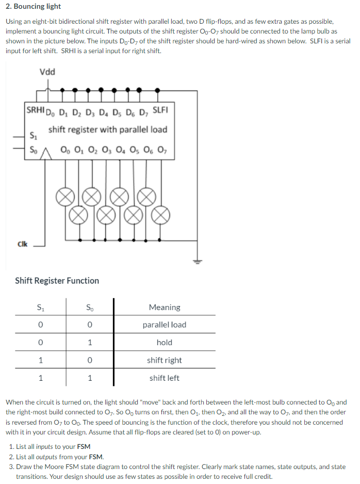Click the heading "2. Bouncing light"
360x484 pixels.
pyautogui.click(x=33, y=7)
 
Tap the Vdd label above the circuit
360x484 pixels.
pyautogui.click(x=47, y=72)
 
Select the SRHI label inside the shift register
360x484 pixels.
pyautogui.click(x=36, y=109)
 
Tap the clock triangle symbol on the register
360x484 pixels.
pyautogui.click(x=45, y=152)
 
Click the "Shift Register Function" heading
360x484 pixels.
pyautogui.click(x=57, y=281)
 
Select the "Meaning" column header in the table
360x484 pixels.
pyautogui.click(x=164, y=308)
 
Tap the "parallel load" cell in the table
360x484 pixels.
pyautogui.click(x=164, y=325)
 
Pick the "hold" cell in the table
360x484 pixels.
pyautogui.click(x=164, y=343)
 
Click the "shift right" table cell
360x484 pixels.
pyautogui.click(x=164, y=360)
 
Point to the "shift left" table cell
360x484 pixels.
pyautogui.click(x=164, y=378)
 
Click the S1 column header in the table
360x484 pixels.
pyautogui.click(x=40, y=308)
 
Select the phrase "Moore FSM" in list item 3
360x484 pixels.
pyautogui.click(x=67, y=466)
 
